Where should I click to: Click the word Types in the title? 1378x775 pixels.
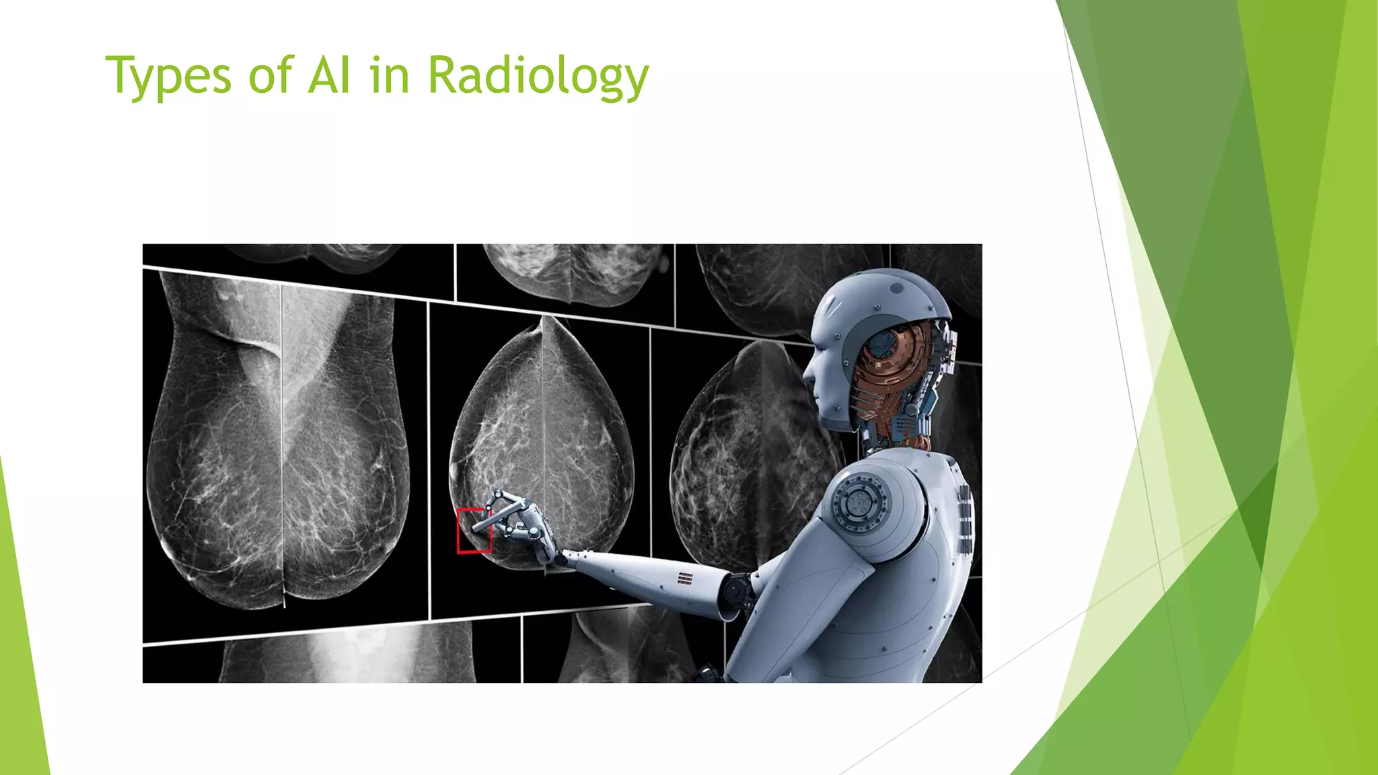click(168, 75)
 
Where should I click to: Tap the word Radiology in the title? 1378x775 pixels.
click(538, 75)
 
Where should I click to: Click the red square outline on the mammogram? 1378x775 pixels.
click(474, 531)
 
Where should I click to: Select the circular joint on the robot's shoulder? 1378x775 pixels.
click(860, 502)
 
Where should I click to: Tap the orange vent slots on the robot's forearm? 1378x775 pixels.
click(685, 578)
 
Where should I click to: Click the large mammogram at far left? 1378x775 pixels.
click(279, 444)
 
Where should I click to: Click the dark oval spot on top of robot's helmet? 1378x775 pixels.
click(896, 288)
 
